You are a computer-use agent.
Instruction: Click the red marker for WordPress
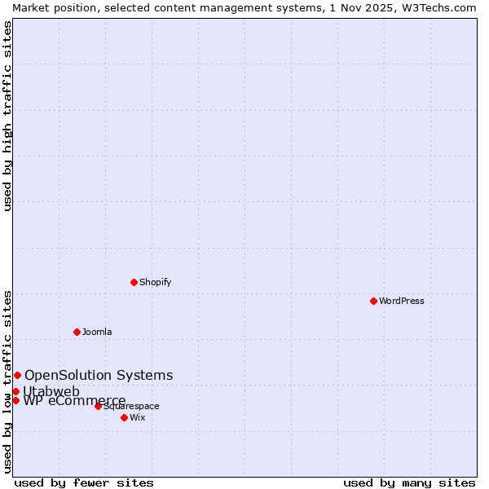[x=373, y=301]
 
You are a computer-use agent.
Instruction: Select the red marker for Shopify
[x=134, y=282]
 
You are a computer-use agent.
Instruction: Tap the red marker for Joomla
[x=77, y=332]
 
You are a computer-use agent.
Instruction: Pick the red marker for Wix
[x=124, y=417]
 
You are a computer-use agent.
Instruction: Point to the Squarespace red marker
[x=98, y=406]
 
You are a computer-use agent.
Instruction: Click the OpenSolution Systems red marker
[x=17, y=375]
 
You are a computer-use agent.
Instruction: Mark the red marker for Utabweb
[x=15, y=391]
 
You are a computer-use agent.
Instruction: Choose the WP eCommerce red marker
[x=15, y=400]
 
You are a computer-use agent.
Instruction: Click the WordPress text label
[x=402, y=301]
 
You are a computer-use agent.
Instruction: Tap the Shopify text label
[x=156, y=282]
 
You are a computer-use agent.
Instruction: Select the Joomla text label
[x=97, y=332]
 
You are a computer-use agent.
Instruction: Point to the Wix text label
[x=138, y=417]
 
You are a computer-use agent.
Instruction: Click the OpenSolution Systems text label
[x=99, y=375]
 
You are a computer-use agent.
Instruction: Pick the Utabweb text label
[x=51, y=391]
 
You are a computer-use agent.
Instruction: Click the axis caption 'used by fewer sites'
[x=84, y=482]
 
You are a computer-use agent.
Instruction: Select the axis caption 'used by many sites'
[x=409, y=482]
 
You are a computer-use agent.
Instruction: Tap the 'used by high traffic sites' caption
[x=7, y=116]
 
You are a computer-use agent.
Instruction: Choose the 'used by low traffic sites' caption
[x=7, y=381]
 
